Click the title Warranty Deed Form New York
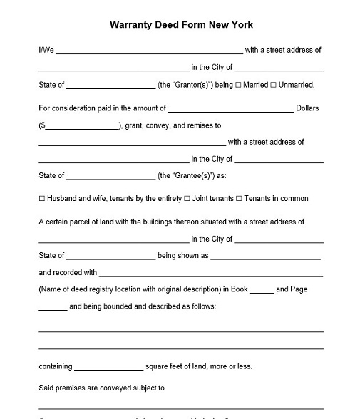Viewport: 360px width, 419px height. point(181,24)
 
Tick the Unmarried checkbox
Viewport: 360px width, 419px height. point(274,86)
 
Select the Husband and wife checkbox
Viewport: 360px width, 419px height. point(41,199)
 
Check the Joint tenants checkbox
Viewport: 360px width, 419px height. point(187,199)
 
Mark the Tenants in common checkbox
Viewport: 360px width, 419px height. point(239,199)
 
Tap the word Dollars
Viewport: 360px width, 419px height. point(308,108)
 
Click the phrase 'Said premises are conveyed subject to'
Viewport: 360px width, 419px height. point(102,388)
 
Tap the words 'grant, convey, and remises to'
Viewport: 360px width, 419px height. point(173,125)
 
